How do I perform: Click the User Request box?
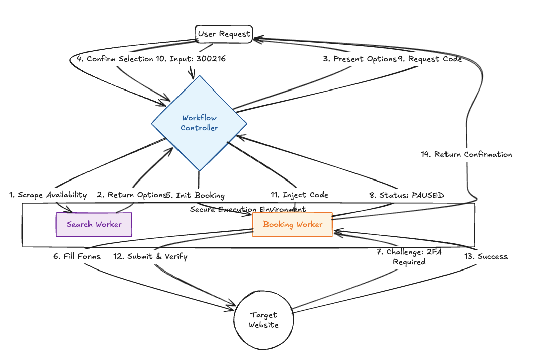coord(224,34)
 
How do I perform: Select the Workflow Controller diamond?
coord(200,123)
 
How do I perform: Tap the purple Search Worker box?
coord(94,224)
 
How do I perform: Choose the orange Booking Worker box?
coord(292,224)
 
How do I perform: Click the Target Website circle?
coord(263,320)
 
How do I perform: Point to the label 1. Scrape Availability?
coord(48,195)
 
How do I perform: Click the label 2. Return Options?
coord(131,195)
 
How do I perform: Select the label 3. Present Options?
coord(360,59)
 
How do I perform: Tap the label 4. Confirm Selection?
coord(115,59)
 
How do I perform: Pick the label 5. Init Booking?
coord(196,195)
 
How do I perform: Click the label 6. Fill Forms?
coord(77,256)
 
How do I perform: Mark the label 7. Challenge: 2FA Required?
coord(409,257)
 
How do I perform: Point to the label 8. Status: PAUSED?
coord(407,195)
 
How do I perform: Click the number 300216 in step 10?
coord(211,59)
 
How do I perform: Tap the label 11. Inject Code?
coord(299,195)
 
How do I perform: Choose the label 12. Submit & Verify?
coord(150,256)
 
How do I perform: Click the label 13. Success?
coord(485,256)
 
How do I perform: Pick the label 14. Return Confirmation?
coord(466,154)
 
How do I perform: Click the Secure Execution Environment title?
coord(247,209)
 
